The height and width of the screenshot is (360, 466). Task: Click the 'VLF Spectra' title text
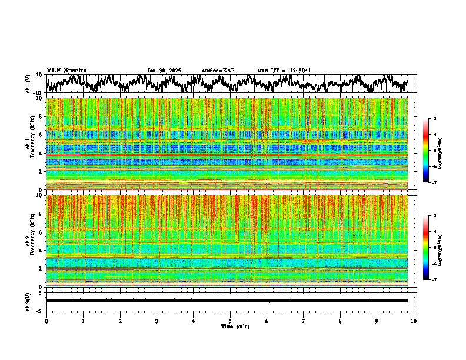pyautogui.click(x=66, y=71)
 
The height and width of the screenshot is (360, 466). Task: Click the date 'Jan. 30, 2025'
pyautogui.click(x=164, y=71)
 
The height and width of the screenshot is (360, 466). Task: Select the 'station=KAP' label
pyautogui.click(x=218, y=71)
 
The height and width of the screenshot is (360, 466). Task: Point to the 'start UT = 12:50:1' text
pyautogui.click(x=284, y=71)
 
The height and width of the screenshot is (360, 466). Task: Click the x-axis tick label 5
pyautogui.click(x=230, y=321)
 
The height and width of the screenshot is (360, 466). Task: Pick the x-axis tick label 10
pyautogui.click(x=414, y=321)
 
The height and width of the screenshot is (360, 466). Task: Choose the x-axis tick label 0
pyautogui.click(x=46, y=321)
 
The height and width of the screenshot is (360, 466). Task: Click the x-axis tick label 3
pyautogui.click(x=157, y=321)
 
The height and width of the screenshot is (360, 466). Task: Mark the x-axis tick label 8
pyautogui.click(x=340, y=321)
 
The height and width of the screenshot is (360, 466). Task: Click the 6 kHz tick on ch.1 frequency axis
pyautogui.click(x=41, y=135)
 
